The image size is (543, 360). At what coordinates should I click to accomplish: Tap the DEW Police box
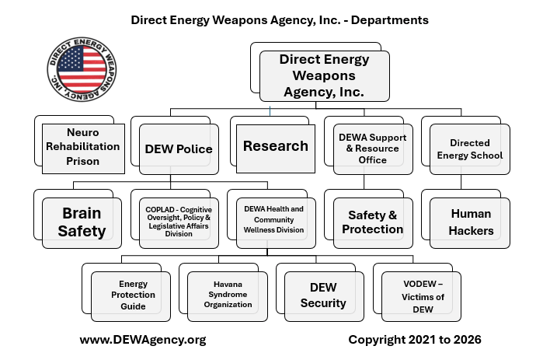coord(179,149)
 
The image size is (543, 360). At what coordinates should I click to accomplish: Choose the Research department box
coord(275,146)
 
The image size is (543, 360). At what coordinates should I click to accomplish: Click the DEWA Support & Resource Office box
coord(373,149)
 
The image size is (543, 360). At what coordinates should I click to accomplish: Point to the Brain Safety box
coord(82,222)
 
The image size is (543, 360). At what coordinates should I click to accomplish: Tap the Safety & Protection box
coord(373,222)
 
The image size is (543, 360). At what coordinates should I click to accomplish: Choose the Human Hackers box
coord(471,222)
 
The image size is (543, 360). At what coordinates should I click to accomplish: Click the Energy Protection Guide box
coord(131,295)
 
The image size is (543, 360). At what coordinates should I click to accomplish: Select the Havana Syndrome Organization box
coord(227,295)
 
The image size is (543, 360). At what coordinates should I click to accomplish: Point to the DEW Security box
coord(323,295)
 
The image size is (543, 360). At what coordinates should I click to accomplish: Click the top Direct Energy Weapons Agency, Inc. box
coord(324,75)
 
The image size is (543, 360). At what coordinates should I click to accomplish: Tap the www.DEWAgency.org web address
coord(143,340)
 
